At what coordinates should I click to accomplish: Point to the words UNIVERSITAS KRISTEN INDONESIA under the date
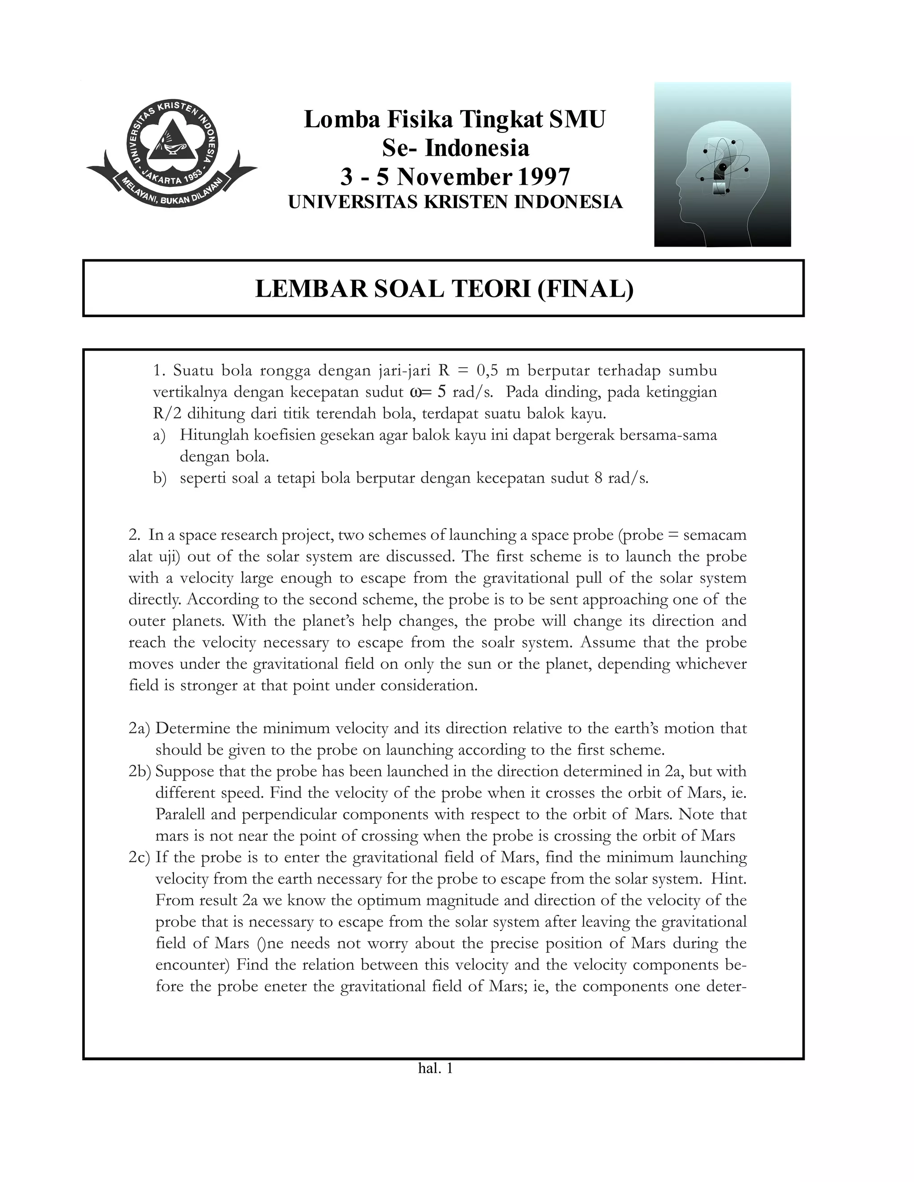pos(455,202)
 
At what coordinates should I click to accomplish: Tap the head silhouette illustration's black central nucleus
pos(723,167)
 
